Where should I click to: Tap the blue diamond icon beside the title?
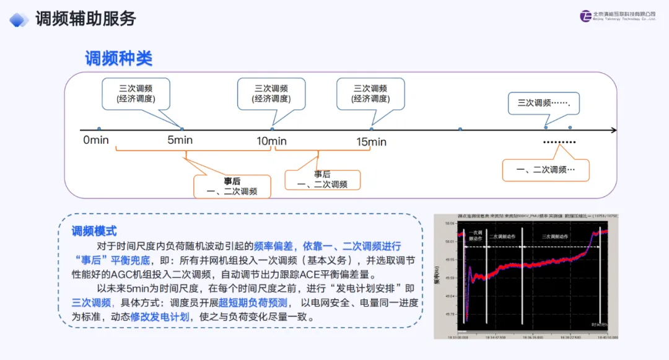19,20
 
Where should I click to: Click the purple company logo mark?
585,16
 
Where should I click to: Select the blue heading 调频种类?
118,59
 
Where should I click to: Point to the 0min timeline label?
96,140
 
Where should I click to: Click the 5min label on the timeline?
180,140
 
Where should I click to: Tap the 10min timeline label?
272,141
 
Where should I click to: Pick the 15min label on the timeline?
371,142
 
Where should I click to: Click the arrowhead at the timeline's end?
613,130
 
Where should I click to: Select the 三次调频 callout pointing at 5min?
136,94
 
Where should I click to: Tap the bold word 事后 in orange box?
232,181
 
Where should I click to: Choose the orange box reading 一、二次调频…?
546,169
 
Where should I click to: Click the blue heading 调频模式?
94,231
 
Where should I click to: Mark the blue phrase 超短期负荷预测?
253,303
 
